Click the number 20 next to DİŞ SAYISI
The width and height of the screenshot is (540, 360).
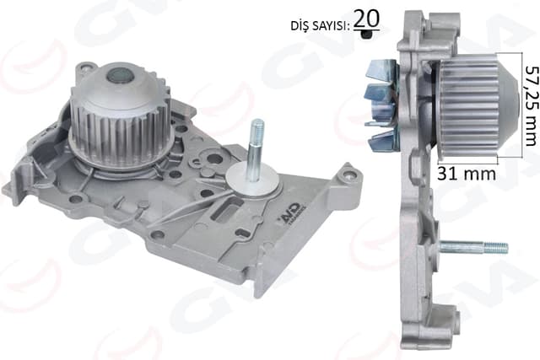click(365, 17)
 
